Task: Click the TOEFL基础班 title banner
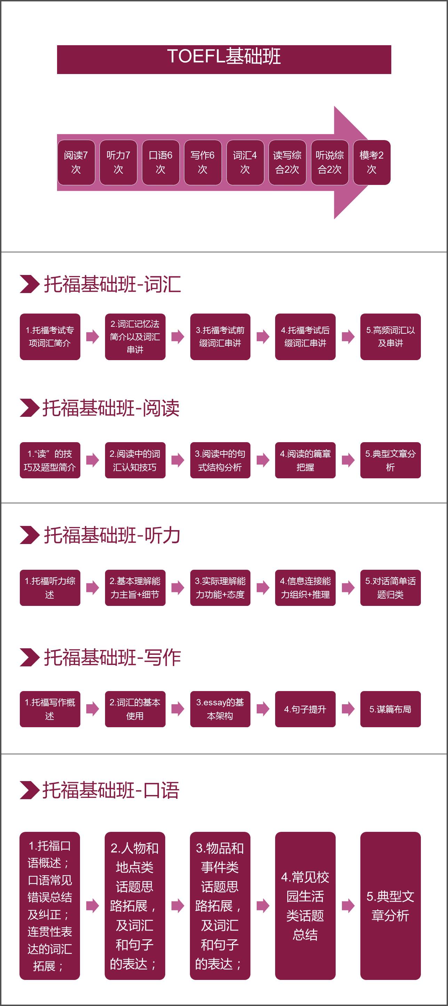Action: [224, 59]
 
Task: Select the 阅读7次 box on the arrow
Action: [76, 162]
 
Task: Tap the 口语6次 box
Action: [161, 162]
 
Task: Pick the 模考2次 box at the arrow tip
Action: [372, 162]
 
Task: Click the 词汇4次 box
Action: [245, 162]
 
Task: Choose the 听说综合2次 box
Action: [329, 162]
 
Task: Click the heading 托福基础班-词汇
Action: [112, 284]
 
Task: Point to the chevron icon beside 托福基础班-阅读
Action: [29, 408]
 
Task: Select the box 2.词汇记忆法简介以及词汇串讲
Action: [135, 336]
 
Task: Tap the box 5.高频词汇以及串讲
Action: [391, 336]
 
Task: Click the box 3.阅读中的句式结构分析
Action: [220, 460]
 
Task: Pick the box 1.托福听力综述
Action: [50, 588]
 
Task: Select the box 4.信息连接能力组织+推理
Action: [305, 588]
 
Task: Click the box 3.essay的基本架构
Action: [220, 709]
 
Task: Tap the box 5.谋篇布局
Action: [391, 709]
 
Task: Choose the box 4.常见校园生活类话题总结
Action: [305, 906]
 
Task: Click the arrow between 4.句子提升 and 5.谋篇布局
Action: [348, 709]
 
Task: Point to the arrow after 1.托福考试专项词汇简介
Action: [93, 336]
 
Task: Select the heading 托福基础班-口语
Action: [111, 790]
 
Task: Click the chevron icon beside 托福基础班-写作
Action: [29, 657]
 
